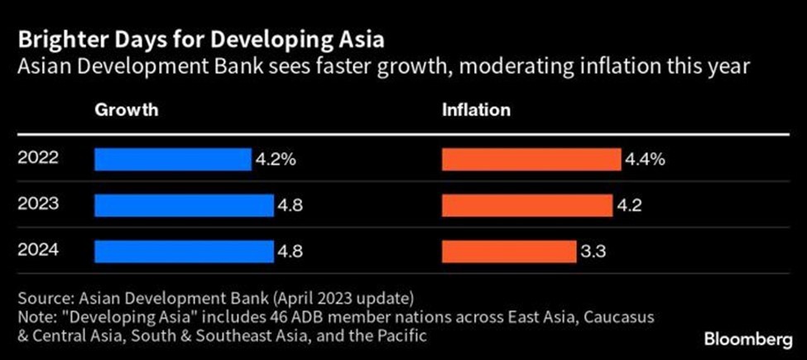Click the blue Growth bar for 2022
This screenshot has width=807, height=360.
[x=172, y=159]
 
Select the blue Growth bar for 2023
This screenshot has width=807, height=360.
[x=184, y=204]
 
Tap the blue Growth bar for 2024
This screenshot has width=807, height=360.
[x=184, y=250]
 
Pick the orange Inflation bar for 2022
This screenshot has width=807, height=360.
[x=531, y=159]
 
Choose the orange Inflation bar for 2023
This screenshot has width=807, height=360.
[x=524, y=204]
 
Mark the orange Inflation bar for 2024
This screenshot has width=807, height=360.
[x=508, y=250]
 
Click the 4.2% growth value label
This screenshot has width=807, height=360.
[x=274, y=159]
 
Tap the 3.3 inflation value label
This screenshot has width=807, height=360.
[x=593, y=250]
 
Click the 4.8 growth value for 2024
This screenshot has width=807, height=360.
[x=291, y=250]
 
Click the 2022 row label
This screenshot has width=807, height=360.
[x=38, y=157]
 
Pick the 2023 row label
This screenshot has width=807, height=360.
[x=38, y=203]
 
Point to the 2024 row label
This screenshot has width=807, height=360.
[x=38, y=248]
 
